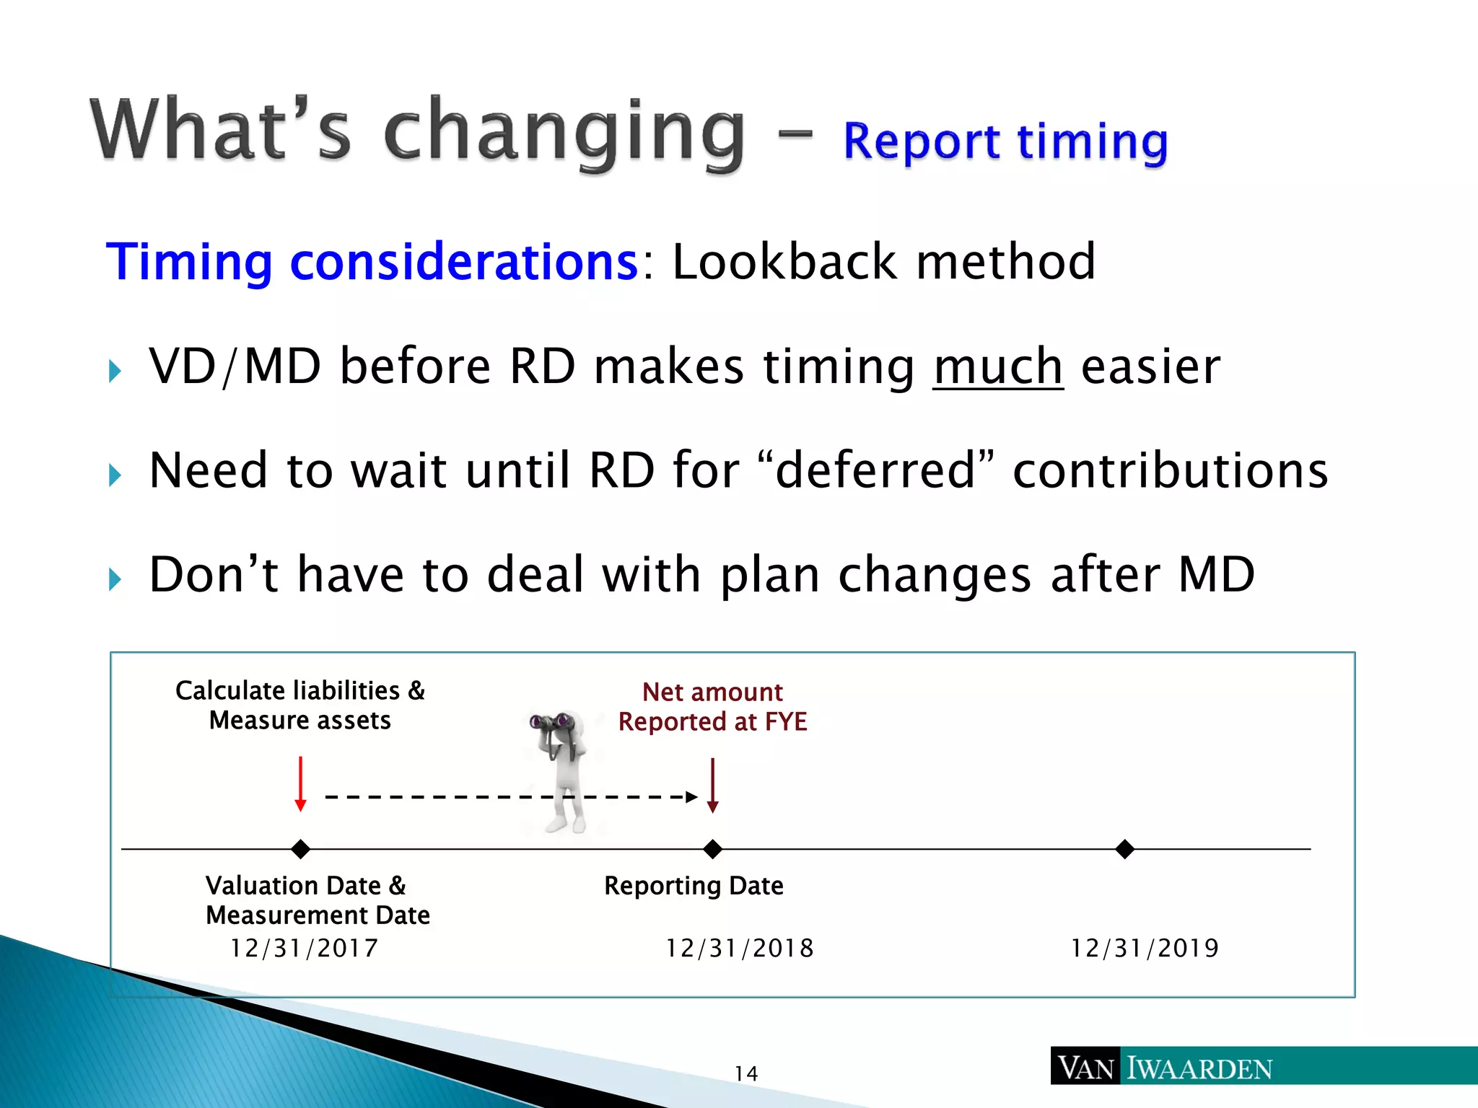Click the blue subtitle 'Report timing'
click(1005, 141)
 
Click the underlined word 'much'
click(997, 366)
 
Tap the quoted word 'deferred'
click(875, 470)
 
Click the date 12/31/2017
click(304, 948)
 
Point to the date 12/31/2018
click(740, 948)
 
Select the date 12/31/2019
click(1145, 948)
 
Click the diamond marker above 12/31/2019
click(1124, 849)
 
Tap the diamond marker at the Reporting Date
click(713, 849)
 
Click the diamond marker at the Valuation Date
click(301, 849)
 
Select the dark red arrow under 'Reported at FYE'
click(713, 786)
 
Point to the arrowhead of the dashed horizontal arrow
click(691, 797)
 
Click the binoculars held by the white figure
click(551, 721)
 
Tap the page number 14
click(746, 1073)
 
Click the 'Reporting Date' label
click(694, 886)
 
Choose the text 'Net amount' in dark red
click(712, 692)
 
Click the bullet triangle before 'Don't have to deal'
click(115, 579)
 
